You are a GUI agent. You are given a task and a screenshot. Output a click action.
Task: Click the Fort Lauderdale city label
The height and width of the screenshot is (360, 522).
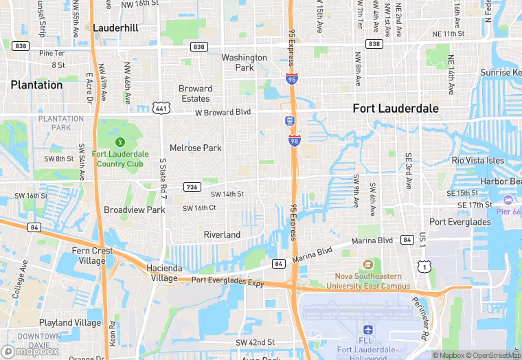395,109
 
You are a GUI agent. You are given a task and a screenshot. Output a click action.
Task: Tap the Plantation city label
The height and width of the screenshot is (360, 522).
36,85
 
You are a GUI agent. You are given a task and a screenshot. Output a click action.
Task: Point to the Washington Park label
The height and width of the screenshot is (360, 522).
244,63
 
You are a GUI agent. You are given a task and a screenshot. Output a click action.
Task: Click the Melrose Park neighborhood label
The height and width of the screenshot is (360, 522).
196,148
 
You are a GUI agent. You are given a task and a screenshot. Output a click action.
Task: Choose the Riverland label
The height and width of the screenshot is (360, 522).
222,235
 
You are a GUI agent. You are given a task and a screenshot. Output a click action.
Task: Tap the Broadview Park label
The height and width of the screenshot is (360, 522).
135,210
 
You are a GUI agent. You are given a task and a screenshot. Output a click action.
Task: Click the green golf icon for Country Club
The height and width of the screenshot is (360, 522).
120,142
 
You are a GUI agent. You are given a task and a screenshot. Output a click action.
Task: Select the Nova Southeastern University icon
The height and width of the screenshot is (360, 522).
368,265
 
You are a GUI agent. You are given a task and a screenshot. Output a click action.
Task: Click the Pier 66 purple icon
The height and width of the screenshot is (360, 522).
508,200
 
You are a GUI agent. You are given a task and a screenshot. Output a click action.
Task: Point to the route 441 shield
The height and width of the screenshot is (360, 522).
161,108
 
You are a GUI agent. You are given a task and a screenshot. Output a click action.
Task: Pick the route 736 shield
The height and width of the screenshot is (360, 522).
192,187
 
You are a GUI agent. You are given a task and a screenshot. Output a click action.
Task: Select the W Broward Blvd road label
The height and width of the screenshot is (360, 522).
223,112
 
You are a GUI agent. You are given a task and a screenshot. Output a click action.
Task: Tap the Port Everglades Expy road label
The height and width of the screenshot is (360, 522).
227,280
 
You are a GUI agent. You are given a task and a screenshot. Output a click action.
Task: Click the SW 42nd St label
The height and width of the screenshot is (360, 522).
255,342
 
